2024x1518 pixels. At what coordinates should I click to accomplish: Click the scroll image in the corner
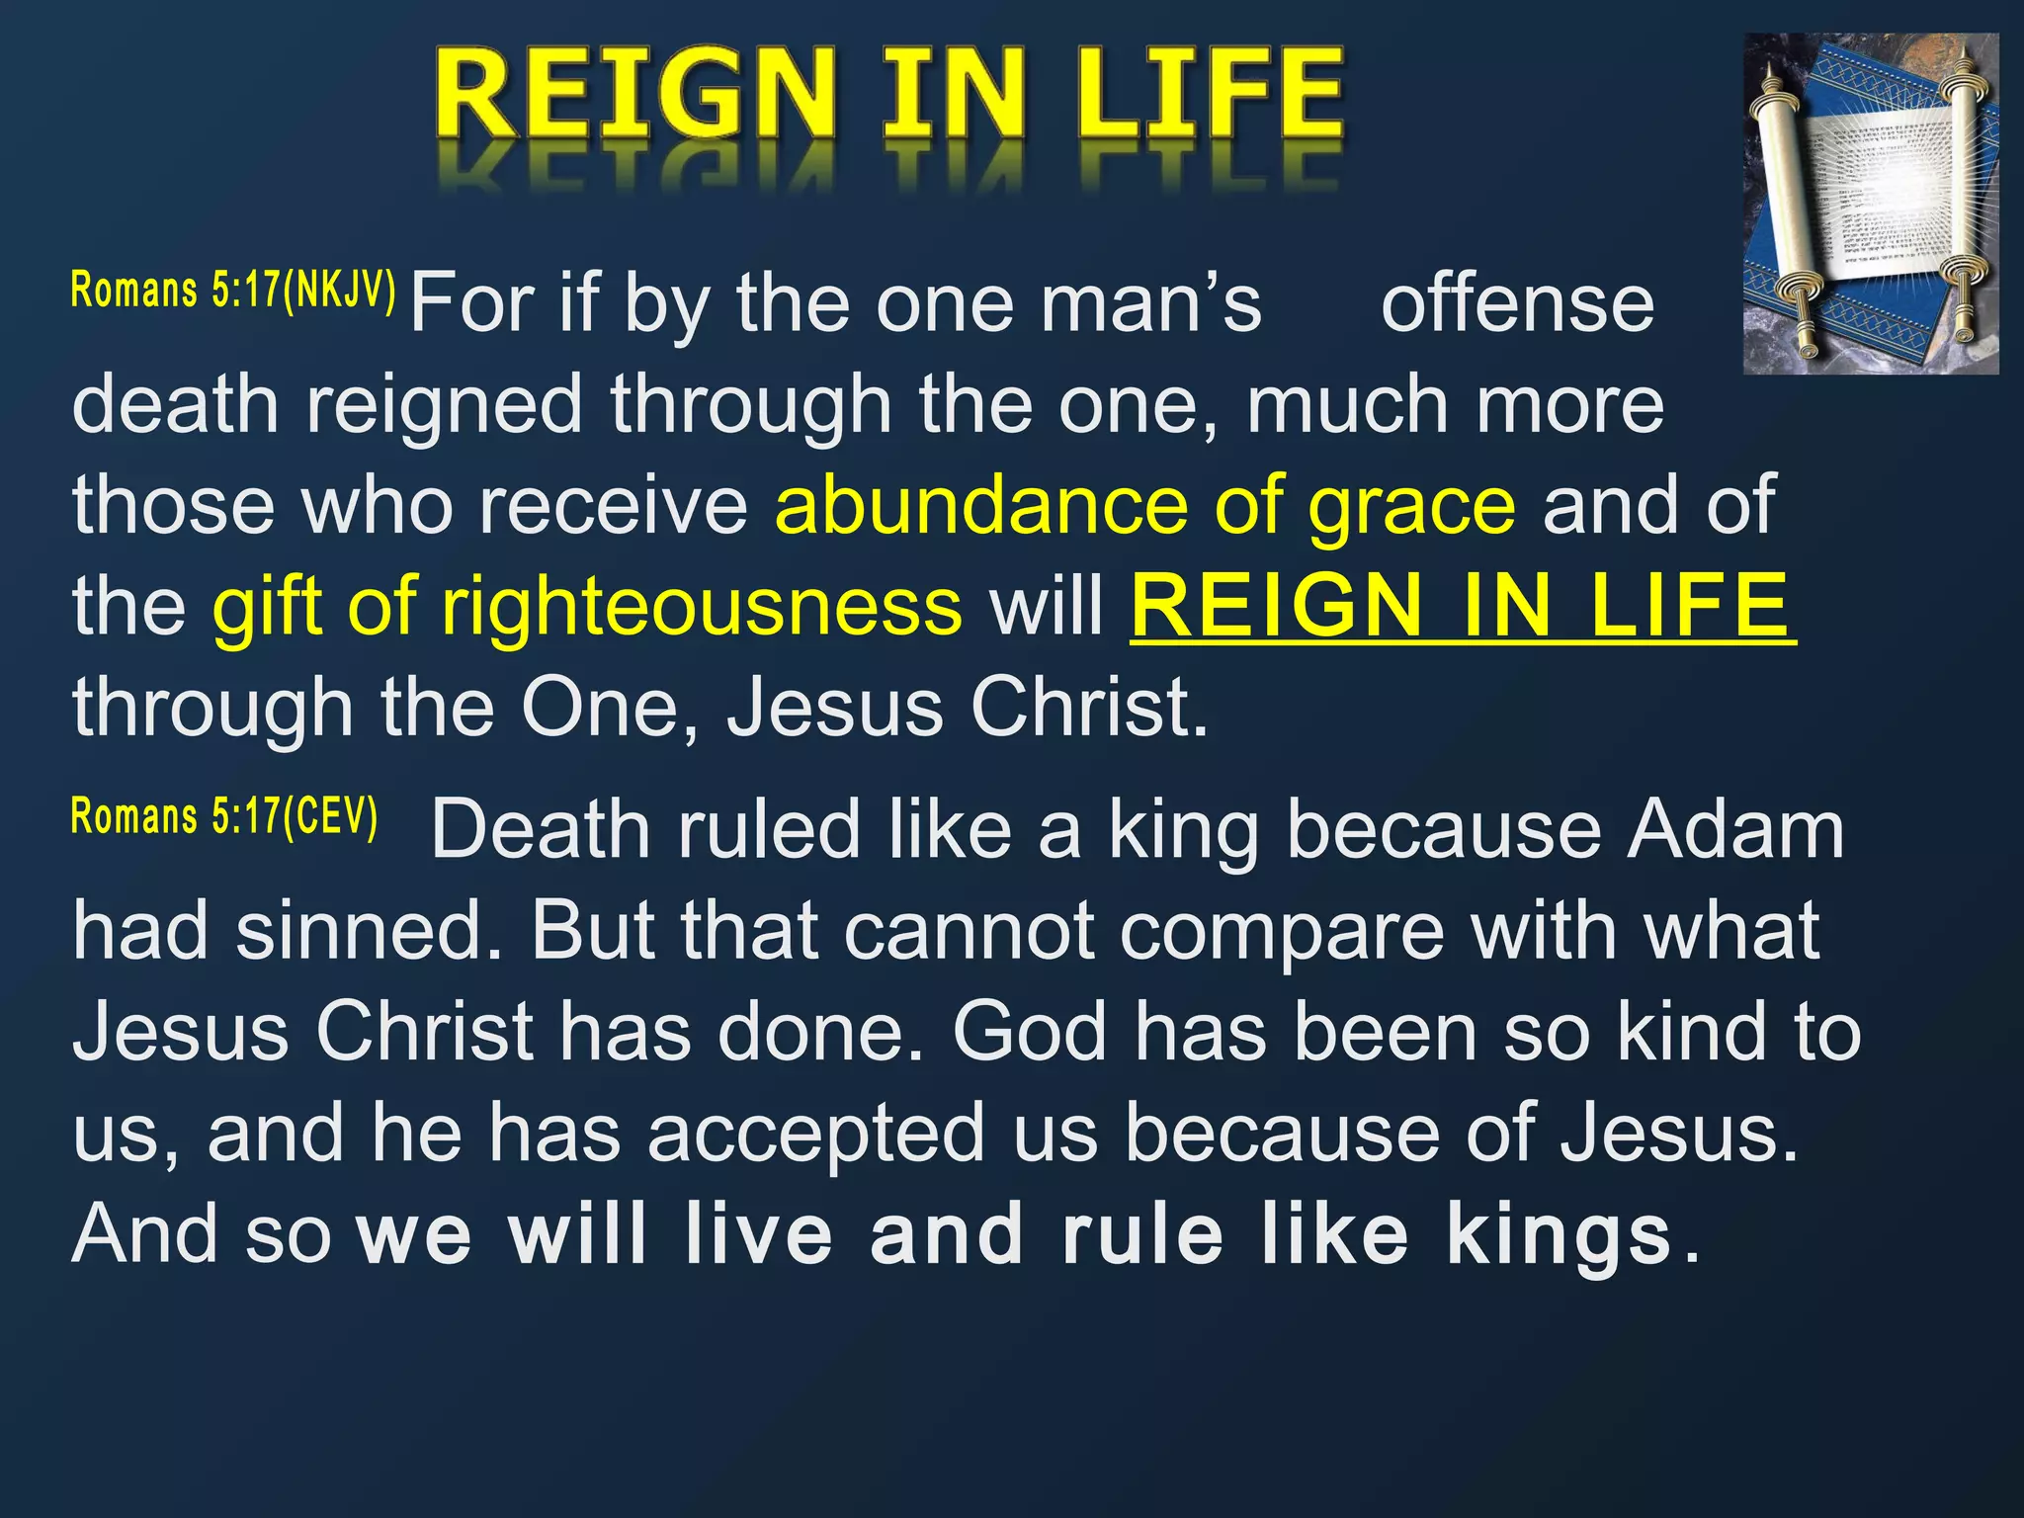click(1870, 204)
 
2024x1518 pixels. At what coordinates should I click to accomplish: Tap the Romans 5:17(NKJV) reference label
click(233, 291)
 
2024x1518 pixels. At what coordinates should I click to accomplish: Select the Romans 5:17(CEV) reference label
click(224, 817)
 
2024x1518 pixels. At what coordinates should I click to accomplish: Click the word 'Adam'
click(1735, 830)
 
